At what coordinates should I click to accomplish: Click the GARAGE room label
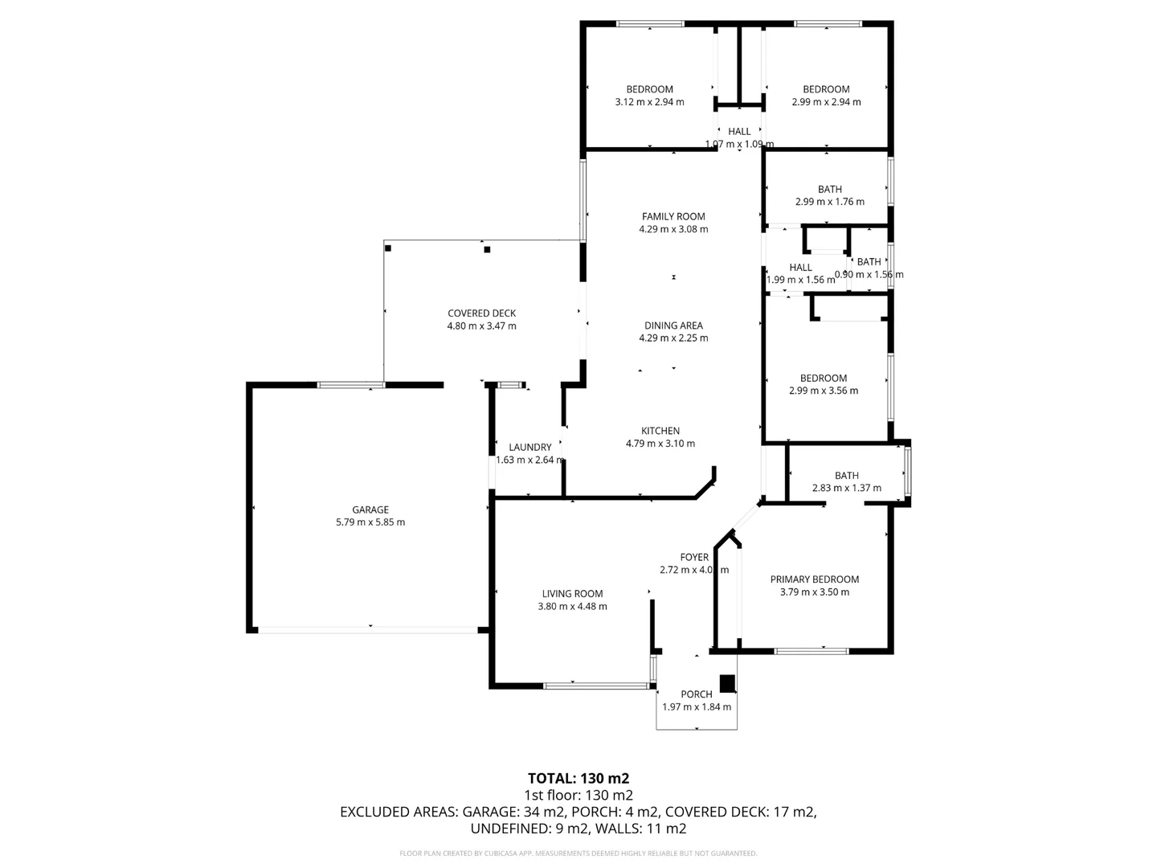click(370, 510)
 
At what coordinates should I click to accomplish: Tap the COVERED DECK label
click(481, 313)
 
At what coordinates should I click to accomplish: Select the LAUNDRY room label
click(530, 448)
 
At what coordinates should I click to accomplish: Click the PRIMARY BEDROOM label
click(815, 579)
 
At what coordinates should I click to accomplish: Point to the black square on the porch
click(727, 683)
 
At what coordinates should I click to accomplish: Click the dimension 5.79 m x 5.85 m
click(370, 522)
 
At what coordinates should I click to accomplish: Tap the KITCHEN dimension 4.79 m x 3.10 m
click(660, 444)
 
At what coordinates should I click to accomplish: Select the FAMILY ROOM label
click(673, 216)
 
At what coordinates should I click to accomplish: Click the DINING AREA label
click(673, 325)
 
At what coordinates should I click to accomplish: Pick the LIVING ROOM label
click(572, 594)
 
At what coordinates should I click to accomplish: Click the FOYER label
click(694, 557)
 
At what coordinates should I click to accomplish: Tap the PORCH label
click(697, 694)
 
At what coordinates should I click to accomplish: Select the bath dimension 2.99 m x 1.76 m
click(830, 203)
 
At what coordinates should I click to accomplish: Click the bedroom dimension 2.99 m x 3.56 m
click(824, 391)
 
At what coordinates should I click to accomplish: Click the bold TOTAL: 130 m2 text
click(578, 778)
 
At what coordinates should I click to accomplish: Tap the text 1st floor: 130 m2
click(578, 795)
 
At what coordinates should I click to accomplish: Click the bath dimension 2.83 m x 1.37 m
click(847, 488)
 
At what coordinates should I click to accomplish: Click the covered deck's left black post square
click(388, 248)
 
